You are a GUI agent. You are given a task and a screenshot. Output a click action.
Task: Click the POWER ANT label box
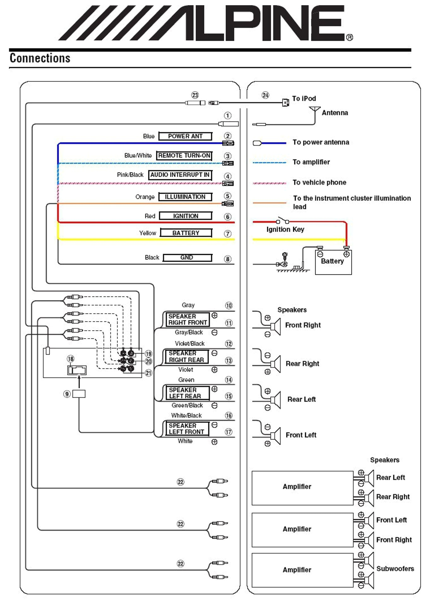(185, 136)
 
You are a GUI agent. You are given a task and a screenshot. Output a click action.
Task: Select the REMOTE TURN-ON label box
(184, 155)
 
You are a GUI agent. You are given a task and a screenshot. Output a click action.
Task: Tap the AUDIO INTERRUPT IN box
(180, 175)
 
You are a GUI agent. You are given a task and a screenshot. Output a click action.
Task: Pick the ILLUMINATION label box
(185, 197)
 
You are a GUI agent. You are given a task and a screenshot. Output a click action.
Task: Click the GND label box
(187, 258)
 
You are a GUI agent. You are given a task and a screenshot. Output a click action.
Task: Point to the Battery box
(333, 262)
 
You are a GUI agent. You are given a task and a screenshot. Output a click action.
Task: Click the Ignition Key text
(285, 229)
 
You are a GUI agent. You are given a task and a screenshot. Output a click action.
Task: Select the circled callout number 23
(195, 95)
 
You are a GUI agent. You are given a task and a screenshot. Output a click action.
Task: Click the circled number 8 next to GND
(228, 259)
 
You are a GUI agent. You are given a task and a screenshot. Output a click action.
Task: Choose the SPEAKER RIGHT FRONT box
(187, 319)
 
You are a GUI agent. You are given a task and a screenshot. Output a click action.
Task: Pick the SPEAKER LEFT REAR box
(187, 393)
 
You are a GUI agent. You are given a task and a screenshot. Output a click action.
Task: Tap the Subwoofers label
(395, 568)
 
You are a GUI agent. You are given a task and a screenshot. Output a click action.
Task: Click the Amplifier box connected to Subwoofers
(302, 570)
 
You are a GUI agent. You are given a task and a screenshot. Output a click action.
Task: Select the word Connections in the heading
(40, 58)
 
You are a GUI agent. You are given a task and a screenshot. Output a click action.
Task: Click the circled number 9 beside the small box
(67, 394)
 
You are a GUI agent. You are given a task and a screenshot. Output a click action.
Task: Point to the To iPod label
(304, 99)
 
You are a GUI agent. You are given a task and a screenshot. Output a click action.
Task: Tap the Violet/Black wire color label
(189, 343)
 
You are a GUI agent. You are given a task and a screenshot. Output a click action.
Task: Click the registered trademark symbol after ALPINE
(349, 37)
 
